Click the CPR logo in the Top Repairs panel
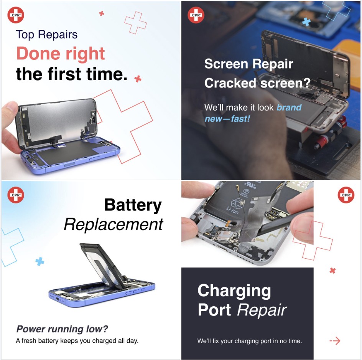(16, 15)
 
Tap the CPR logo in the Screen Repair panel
(196, 15)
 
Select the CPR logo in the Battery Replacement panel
(16, 195)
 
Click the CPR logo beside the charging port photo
(346, 195)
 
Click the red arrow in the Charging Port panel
(335, 340)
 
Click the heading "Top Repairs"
(47, 35)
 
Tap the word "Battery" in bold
(133, 205)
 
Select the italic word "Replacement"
(114, 225)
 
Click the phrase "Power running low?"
(62, 329)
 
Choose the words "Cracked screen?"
(257, 83)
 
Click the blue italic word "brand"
(289, 107)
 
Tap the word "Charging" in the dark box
(234, 291)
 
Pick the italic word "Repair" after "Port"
(262, 310)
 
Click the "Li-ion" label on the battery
(232, 210)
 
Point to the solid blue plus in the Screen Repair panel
(306, 22)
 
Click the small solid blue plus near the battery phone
(40, 261)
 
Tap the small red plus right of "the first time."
(138, 79)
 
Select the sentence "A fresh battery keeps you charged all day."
(77, 341)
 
